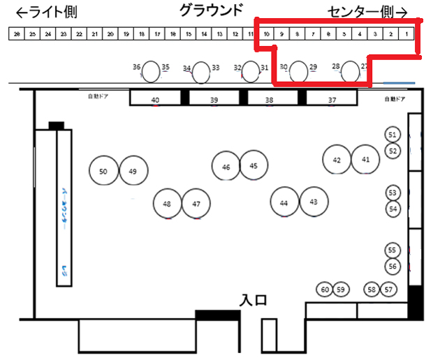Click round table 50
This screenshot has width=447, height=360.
point(103,171)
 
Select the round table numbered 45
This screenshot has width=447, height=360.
point(254,165)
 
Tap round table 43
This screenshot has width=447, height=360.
point(314,202)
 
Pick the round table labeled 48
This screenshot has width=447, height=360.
point(167,204)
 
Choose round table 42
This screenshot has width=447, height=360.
point(337,160)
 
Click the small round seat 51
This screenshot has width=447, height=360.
point(392,134)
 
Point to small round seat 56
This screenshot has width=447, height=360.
point(392,266)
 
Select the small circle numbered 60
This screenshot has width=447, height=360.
point(325,289)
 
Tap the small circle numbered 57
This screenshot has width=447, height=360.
point(389,289)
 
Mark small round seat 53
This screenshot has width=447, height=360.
point(392,192)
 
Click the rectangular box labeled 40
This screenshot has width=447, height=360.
point(156,99)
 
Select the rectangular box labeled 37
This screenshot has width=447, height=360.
point(331,99)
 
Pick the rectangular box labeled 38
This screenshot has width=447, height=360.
point(270,99)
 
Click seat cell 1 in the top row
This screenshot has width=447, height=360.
point(406,33)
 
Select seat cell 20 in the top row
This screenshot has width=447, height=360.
point(110,33)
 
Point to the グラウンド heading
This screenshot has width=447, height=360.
point(211,10)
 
